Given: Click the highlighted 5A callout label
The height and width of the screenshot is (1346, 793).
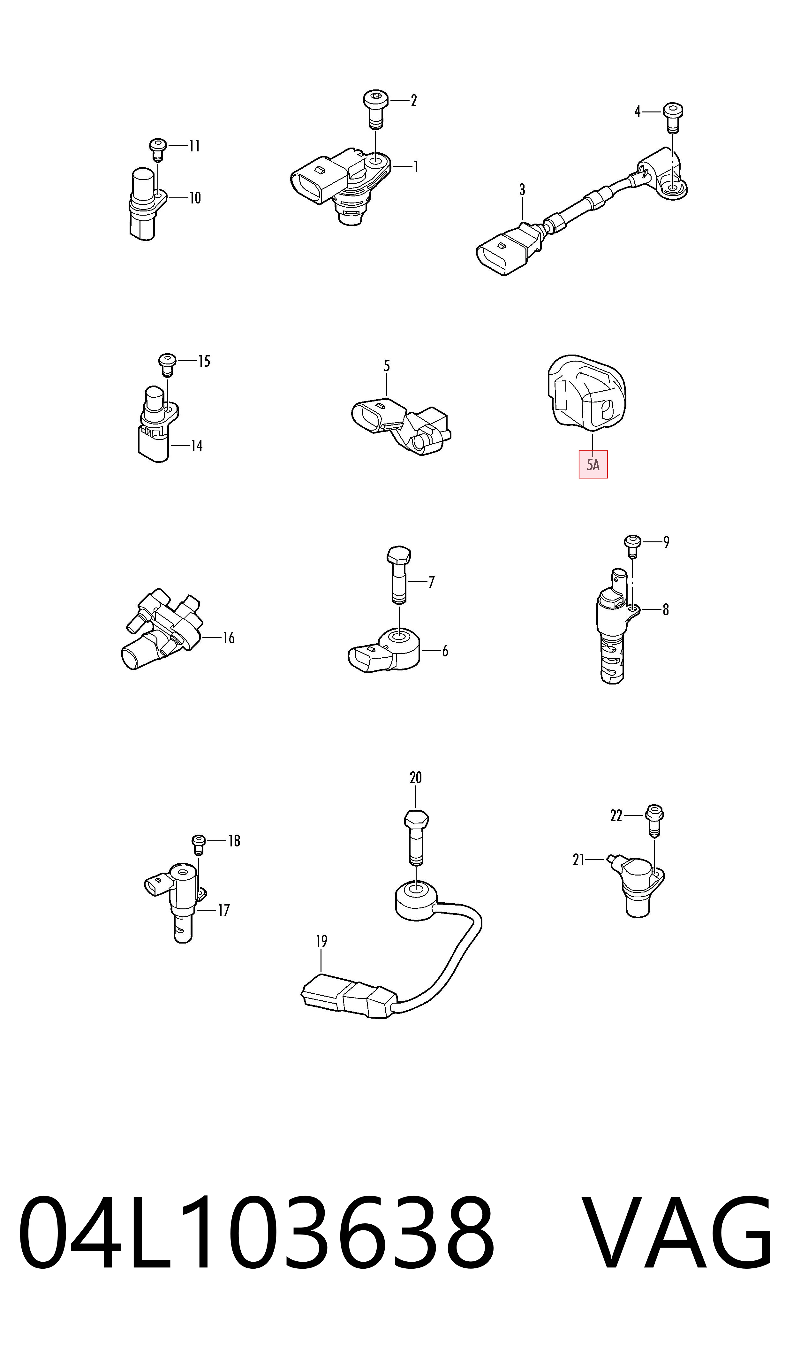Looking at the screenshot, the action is tap(593, 464).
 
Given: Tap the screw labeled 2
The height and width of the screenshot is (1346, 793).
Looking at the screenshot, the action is tap(376, 109).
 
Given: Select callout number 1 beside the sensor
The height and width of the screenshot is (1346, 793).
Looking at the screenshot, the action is tap(415, 167).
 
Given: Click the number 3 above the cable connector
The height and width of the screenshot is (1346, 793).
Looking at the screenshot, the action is tap(522, 190).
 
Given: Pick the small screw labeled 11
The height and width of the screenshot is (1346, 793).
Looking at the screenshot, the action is tap(158, 149).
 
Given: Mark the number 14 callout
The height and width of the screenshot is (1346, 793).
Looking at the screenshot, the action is tap(197, 446).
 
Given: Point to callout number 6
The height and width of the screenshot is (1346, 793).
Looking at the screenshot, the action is tap(445, 651).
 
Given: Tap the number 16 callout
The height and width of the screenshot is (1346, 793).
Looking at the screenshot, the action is tap(229, 638).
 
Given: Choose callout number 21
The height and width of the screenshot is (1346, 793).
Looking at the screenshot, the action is tap(578, 860).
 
